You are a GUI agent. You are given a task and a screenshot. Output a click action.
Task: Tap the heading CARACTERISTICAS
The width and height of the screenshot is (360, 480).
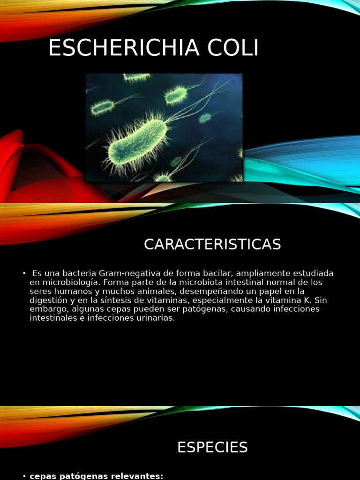212,244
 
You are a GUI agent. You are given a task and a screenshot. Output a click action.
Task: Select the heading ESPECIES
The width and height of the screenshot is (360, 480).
212,448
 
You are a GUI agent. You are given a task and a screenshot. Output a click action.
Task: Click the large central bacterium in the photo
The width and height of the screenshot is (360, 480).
137,139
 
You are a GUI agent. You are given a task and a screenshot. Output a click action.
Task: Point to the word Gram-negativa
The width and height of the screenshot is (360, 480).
123,273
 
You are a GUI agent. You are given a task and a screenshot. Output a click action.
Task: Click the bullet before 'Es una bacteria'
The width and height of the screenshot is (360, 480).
24,273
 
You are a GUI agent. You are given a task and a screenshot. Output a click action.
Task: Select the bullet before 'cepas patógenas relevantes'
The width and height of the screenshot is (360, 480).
24,476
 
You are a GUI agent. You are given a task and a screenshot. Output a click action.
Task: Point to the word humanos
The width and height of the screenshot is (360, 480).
73,291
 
